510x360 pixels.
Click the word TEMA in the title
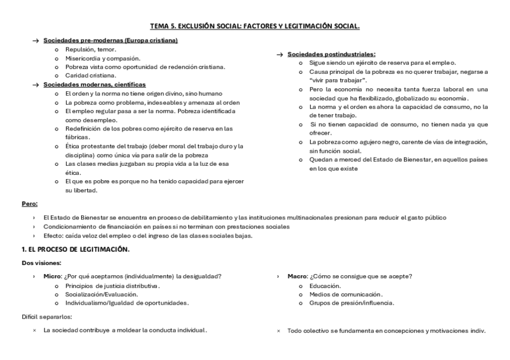pos(159,26)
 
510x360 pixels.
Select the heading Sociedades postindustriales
pos(331,54)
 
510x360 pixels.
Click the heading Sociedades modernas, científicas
pos(94,85)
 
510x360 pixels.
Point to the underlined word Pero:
pos(29,203)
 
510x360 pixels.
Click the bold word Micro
pos(52,276)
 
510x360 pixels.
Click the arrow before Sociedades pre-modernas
pos(36,40)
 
